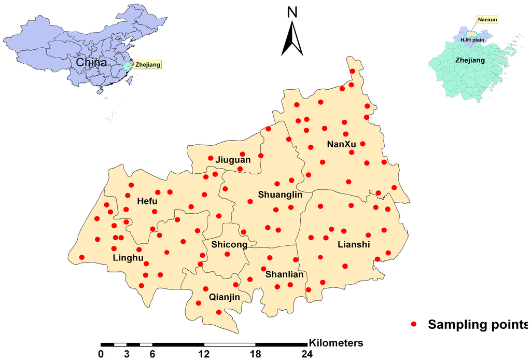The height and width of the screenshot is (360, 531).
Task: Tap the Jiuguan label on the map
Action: pyautogui.click(x=233, y=160)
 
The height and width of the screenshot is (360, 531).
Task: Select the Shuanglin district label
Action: pyautogui.click(x=280, y=195)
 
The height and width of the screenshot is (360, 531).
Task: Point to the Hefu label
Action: pyautogui.click(x=148, y=201)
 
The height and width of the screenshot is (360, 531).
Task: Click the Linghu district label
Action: pyautogui.click(x=128, y=258)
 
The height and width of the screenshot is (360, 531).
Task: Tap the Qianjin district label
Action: pyautogui.click(x=225, y=297)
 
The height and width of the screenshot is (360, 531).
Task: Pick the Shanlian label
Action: pyautogui.click(x=284, y=274)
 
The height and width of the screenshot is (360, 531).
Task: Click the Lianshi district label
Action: pyautogui.click(x=354, y=244)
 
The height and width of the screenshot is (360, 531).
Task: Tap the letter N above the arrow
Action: pyautogui.click(x=292, y=11)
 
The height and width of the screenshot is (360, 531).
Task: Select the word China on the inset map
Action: pyautogui.click(x=91, y=63)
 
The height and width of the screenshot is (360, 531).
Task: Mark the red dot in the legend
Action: pyautogui.click(x=414, y=324)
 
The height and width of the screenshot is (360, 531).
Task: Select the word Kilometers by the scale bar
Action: pyautogui.click(x=336, y=343)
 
